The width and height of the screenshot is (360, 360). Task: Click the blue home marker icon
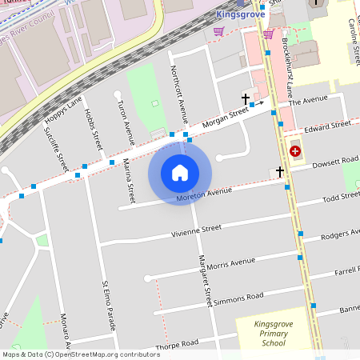point(180,172)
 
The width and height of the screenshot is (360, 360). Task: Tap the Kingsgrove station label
point(241,14)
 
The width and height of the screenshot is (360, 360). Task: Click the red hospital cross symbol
point(295,150)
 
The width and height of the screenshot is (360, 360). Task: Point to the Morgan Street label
point(225,118)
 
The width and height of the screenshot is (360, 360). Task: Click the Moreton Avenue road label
point(204,193)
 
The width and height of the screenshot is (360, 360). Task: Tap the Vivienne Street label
point(195,230)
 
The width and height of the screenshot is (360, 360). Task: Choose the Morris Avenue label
point(230,262)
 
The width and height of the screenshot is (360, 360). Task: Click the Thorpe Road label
point(177,344)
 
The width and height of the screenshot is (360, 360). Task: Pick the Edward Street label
point(328,125)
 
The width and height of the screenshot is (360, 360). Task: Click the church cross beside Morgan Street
point(246,98)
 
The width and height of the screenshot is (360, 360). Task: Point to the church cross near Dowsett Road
point(280,171)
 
